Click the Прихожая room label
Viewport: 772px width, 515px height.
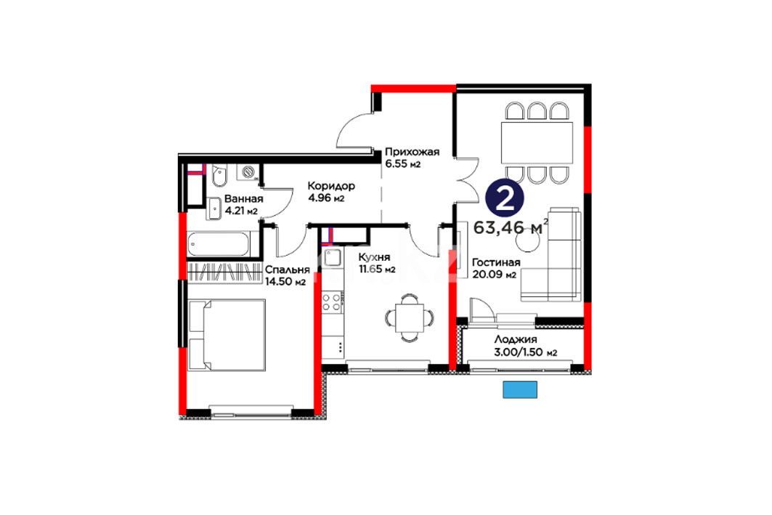(x=412, y=152)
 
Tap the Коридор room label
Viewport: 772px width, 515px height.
(x=331, y=186)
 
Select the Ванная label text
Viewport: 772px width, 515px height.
(x=244, y=199)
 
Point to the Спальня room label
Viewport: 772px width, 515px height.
(x=287, y=269)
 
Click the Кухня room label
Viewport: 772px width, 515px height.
(x=374, y=257)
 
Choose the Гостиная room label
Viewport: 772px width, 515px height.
(x=496, y=262)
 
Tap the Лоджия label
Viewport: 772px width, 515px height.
(x=516, y=339)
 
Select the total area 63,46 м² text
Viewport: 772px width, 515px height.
(x=511, y=227)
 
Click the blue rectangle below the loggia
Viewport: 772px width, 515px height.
(x=519, y=389)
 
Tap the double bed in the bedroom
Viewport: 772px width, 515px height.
(x=227, y=335)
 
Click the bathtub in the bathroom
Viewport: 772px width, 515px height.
(x=219, y=244)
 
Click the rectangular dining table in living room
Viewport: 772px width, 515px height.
(x=537, y=143)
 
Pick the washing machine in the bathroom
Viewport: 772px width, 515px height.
(x=248, y=172)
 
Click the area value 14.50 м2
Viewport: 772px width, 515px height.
(x=285, y=282)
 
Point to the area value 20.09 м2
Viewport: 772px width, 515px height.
(x=494, y=275)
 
